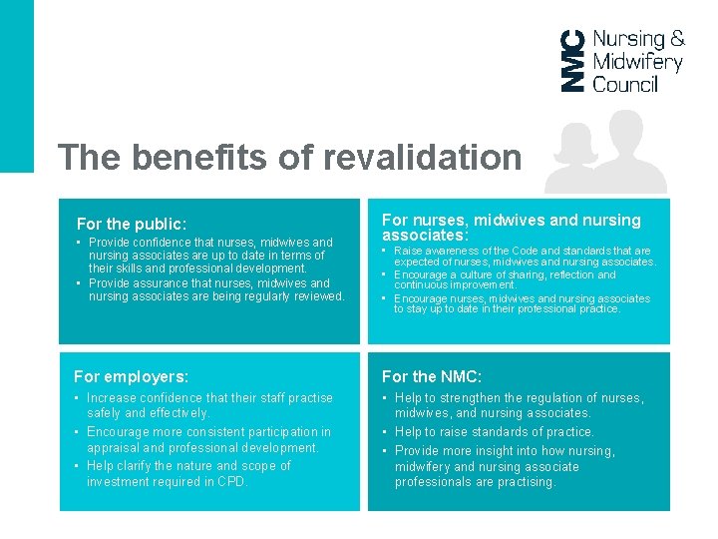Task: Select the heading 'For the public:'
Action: [132, 225]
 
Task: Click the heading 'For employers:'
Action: [131, 376]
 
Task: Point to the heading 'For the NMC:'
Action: [432, 376]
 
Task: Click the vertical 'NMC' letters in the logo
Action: [572, 61]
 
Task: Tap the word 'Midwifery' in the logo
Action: [637, 62]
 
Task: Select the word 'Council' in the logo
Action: [625, 85]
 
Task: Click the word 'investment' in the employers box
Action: [119, 482]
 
